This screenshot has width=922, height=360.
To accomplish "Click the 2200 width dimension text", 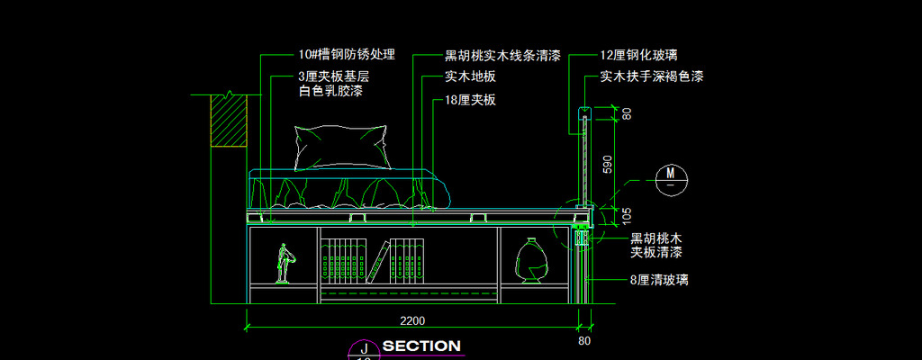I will tap(412, 320).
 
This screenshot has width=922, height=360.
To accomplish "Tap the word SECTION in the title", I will tap(421, 346).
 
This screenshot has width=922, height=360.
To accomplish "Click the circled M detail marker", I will tap(671, 173).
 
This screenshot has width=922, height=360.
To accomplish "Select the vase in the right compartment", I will tap(531, 262).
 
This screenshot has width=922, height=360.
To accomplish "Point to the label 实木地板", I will tap(470, 78).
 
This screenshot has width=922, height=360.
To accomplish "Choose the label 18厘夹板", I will tap(470, 101).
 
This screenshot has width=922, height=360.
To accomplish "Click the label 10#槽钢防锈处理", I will tap(346, 56).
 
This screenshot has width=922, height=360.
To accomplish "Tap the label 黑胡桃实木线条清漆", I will tap(502, 56).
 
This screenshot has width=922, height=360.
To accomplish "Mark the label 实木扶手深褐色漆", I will tap(652, 77).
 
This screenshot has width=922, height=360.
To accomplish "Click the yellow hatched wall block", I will tap(229, 121).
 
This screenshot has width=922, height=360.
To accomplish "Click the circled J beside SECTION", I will tap(364, 347).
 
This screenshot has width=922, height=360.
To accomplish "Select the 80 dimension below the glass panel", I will tap(585, 341).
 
